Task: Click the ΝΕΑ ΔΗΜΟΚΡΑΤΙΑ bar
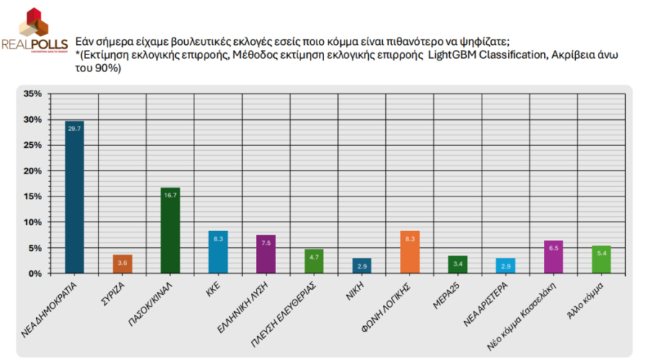coord(74,197)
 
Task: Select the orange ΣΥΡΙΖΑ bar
coord(122,264)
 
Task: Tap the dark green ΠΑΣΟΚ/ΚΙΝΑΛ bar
coord(170,230)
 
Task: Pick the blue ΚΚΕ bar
coord(218,252)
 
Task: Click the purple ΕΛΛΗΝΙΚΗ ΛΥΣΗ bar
coord(266,254)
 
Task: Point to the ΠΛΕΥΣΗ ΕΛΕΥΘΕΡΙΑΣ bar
coord(314,261)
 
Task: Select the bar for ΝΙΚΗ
coord(362,266)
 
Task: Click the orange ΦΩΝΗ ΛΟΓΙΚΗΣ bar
coord(410,252)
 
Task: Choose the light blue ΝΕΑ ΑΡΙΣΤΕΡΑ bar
coord(505,266)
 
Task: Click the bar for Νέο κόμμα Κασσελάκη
coord(553,257)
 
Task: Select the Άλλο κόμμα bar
coord(601,260)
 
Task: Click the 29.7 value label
coord(74,128)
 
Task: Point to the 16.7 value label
coord(170,195)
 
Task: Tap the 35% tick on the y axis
coord(32,94)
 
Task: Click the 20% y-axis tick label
coord(32,171)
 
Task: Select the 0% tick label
coord(35,274)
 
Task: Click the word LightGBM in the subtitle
coord(454,55)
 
